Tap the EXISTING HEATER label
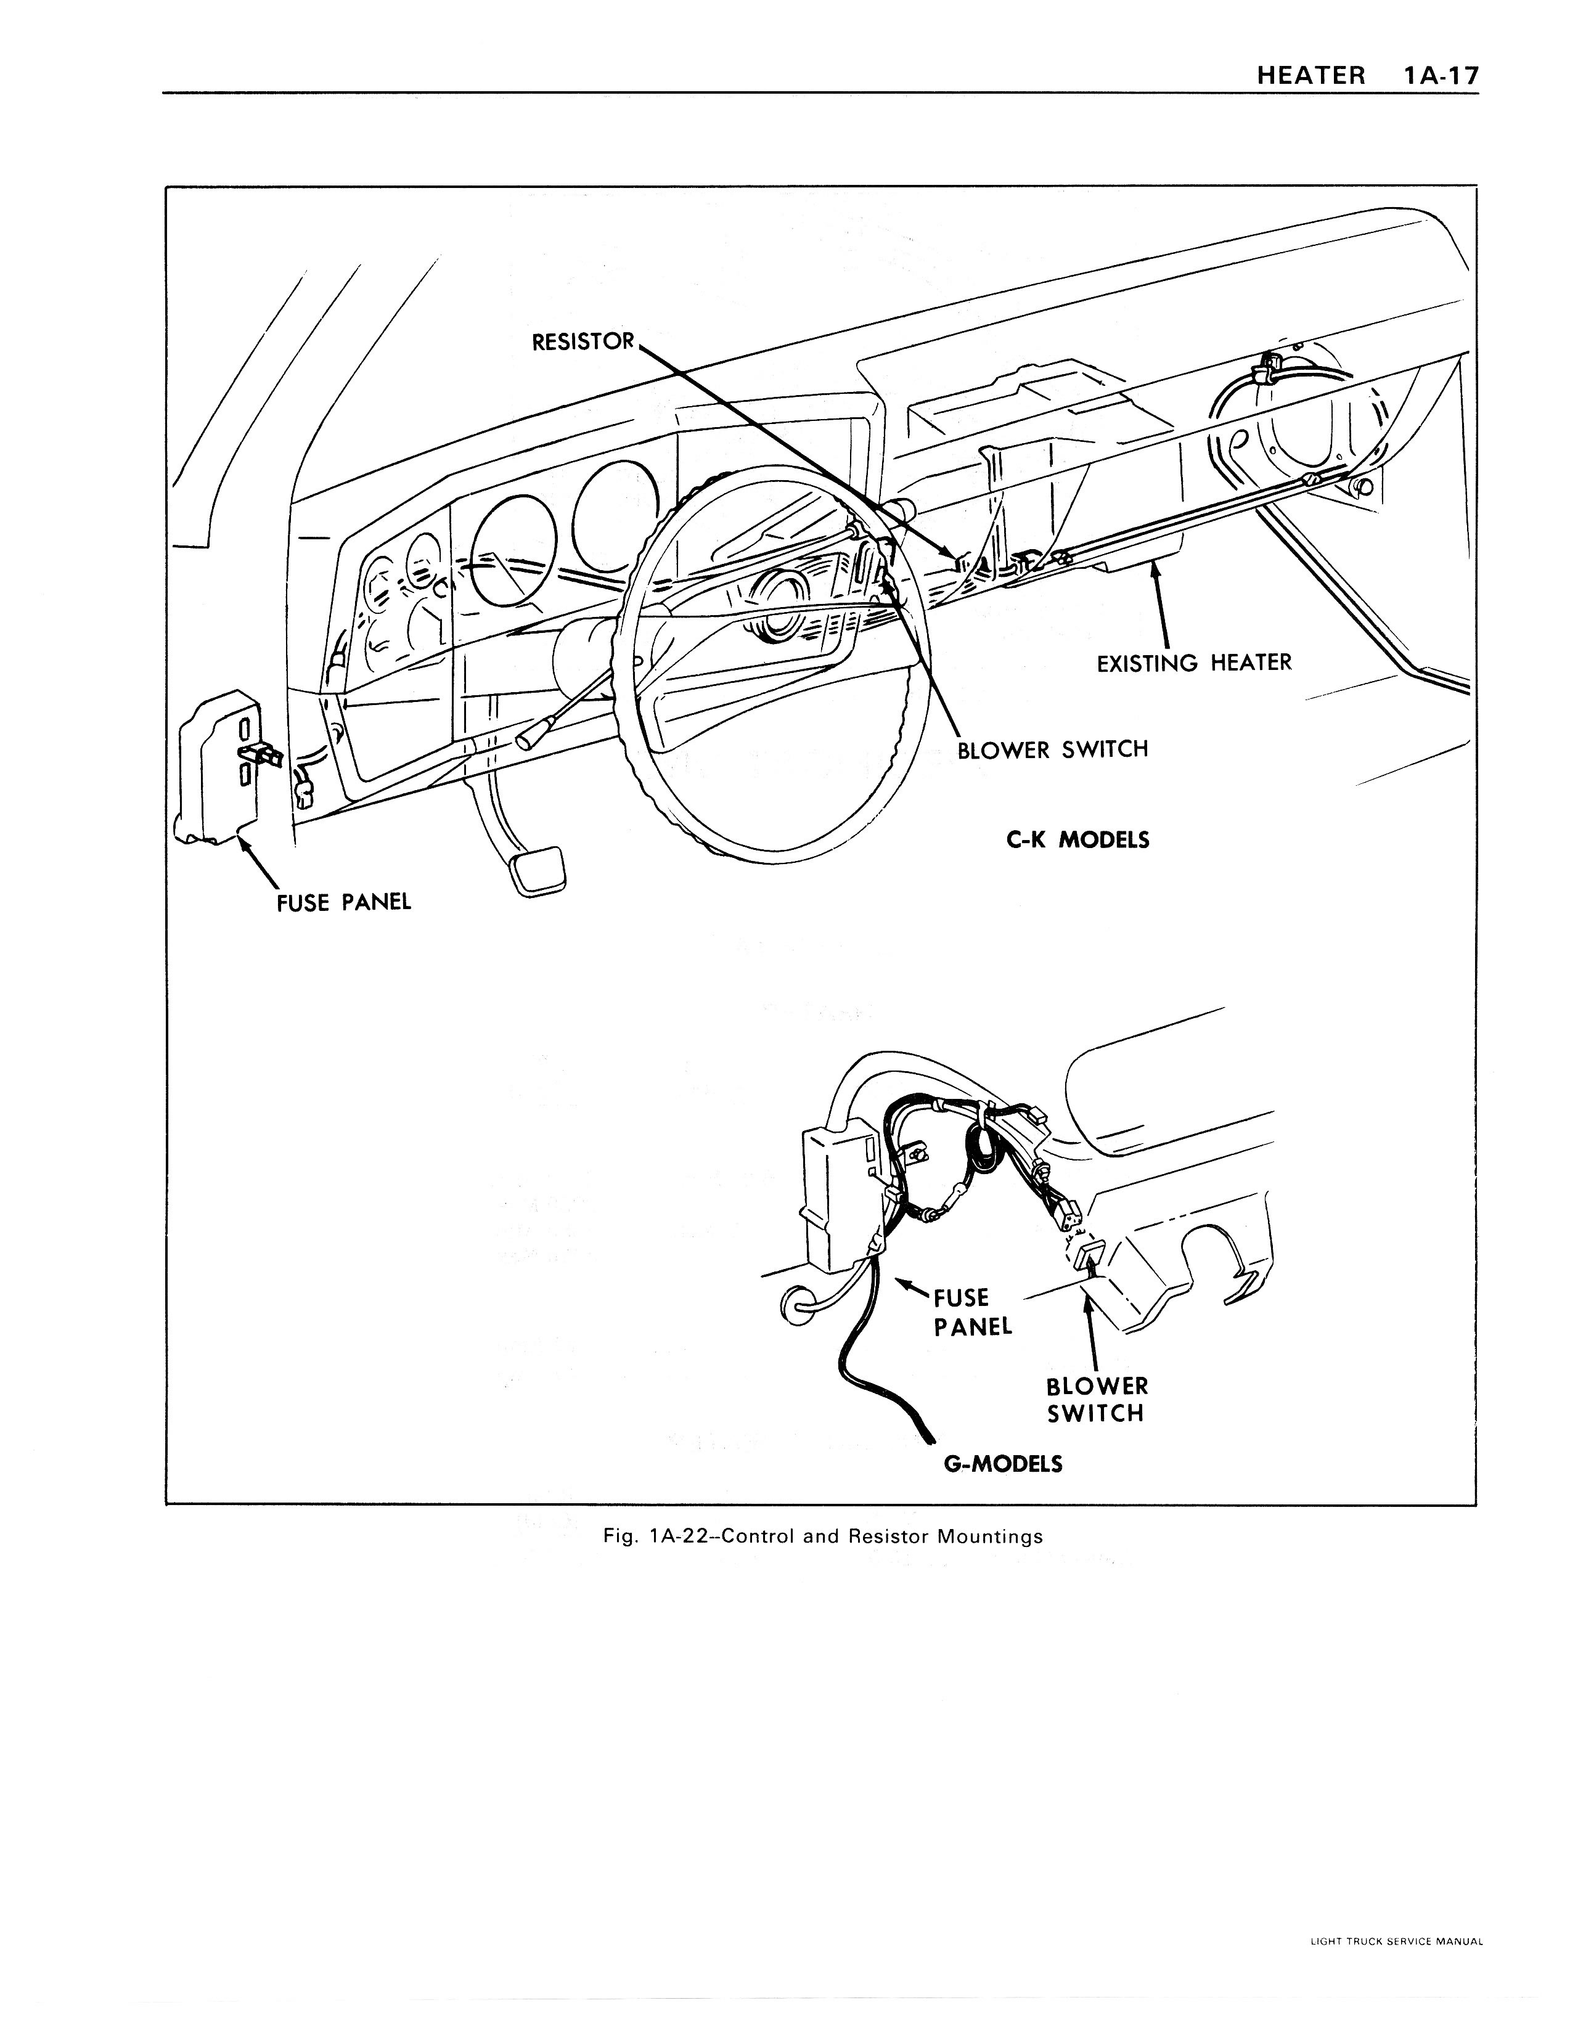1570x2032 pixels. pos(1194,663)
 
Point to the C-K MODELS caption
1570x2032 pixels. pos(1077,840)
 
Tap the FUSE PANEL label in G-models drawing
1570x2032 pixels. pos(971,1312)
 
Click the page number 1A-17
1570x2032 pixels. pos(1438,75)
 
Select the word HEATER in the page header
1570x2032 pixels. pos(1311,75)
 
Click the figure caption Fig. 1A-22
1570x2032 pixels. pos(823,1536)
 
